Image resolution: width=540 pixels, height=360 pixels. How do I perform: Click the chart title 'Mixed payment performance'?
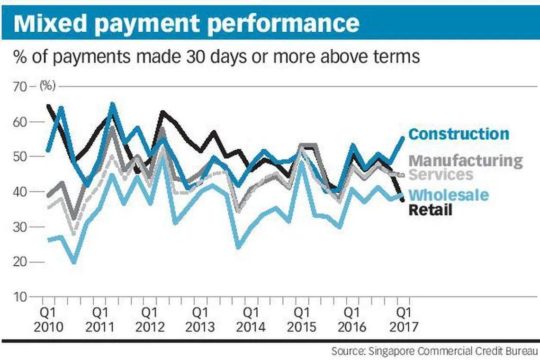coord(186,23)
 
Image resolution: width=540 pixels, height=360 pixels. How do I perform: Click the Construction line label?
coord(459,134)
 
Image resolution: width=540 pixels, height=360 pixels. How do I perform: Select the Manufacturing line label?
coord(465,161)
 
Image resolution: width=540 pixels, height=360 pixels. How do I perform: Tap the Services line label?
coord(441,174)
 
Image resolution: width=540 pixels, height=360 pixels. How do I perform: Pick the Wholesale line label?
coord(448,195)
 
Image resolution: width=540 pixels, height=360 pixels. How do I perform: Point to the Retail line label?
coord(430,210)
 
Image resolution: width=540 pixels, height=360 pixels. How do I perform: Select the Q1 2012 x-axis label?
coord(150,320)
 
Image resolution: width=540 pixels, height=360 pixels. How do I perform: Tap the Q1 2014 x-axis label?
coord(251,320)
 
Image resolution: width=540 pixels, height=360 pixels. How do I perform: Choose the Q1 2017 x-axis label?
coord(403,320)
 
